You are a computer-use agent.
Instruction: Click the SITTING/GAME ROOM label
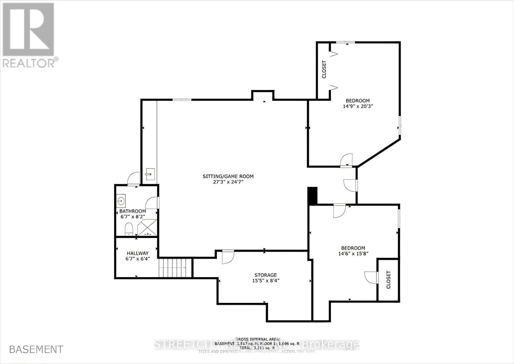tap(228, 176)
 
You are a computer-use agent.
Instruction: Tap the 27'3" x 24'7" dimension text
tap(228, 182)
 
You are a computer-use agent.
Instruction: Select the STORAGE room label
tap(265, 275)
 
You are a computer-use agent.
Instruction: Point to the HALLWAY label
tap(137, 253)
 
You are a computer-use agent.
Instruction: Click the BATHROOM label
tap(133, 211)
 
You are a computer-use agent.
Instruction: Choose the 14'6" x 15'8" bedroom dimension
tap(353, 253)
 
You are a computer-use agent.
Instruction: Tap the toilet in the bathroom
tap(129, 229)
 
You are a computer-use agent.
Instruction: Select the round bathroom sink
tap(121, 201)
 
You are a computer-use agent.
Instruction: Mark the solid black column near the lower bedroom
tap(312, 195)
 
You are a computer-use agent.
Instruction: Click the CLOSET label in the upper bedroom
tap(324, 69)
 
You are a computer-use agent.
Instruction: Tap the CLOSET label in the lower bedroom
tap(388, 279)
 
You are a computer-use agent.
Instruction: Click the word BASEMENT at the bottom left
tap(36, 349)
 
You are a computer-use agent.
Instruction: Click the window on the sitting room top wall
tap(182, 100)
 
